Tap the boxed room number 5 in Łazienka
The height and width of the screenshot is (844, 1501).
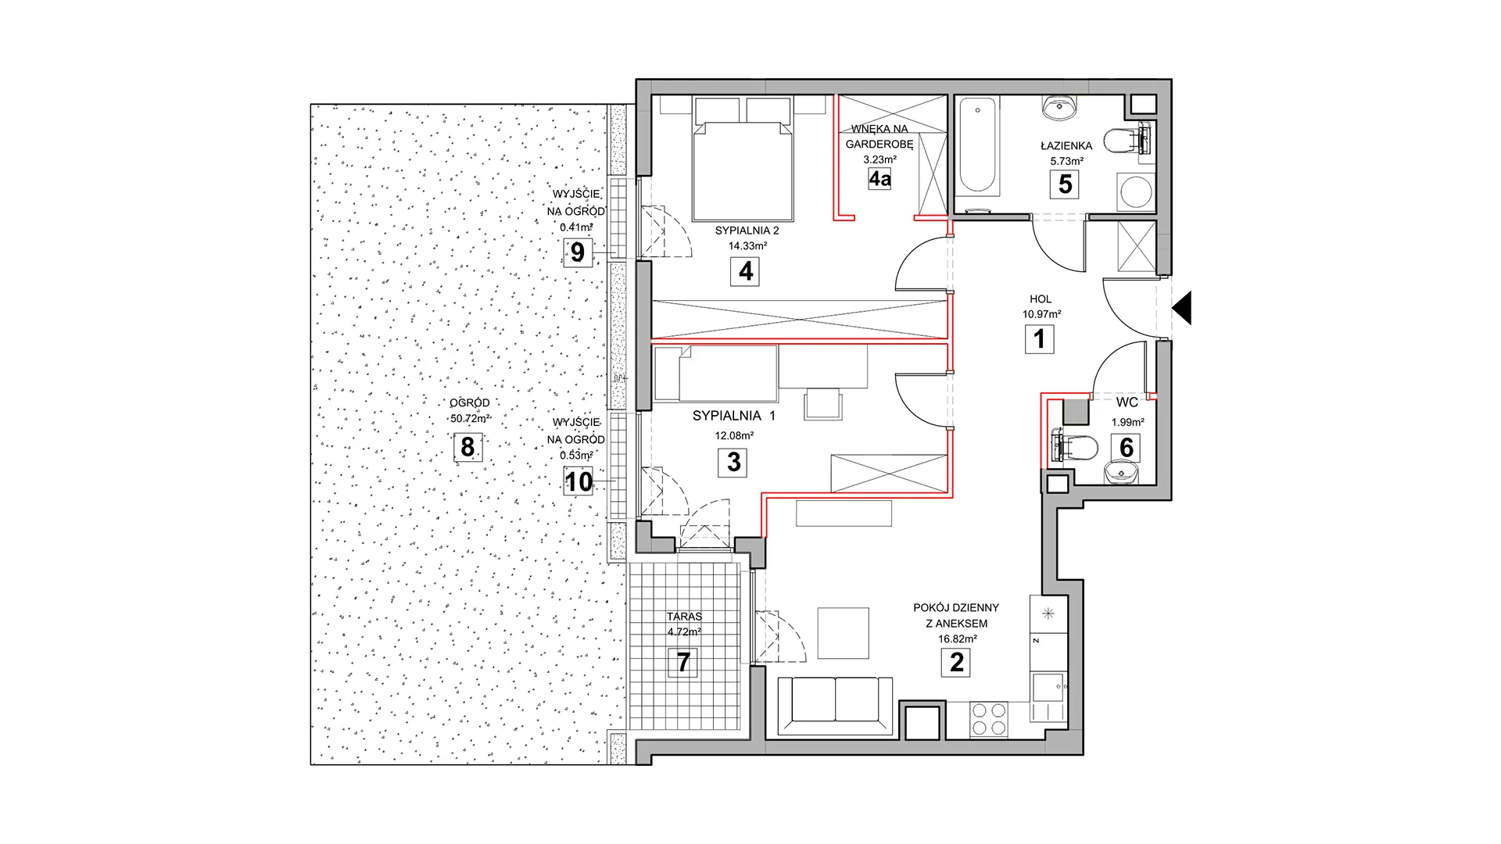(1065, 184)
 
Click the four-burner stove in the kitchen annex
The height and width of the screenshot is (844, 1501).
(988, 720)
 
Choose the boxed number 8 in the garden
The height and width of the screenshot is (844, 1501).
(467, 447)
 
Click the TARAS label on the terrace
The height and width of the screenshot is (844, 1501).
(685, 617)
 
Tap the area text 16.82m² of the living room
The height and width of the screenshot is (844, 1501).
(957, 638)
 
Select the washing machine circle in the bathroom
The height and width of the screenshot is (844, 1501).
(1135, 191)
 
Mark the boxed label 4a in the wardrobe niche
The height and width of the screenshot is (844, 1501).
(879, 179)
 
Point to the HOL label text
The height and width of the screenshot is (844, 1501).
(1041, 299)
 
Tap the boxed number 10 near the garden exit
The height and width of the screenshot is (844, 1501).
(579, 481)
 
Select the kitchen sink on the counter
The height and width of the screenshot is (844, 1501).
(1047, 688)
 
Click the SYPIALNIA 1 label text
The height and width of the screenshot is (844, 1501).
(733, 416)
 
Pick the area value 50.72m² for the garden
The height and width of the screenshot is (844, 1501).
(470, 418)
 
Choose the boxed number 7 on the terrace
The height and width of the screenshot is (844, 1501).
(683, 662)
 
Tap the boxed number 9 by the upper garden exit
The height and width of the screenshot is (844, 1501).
(578, 252)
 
